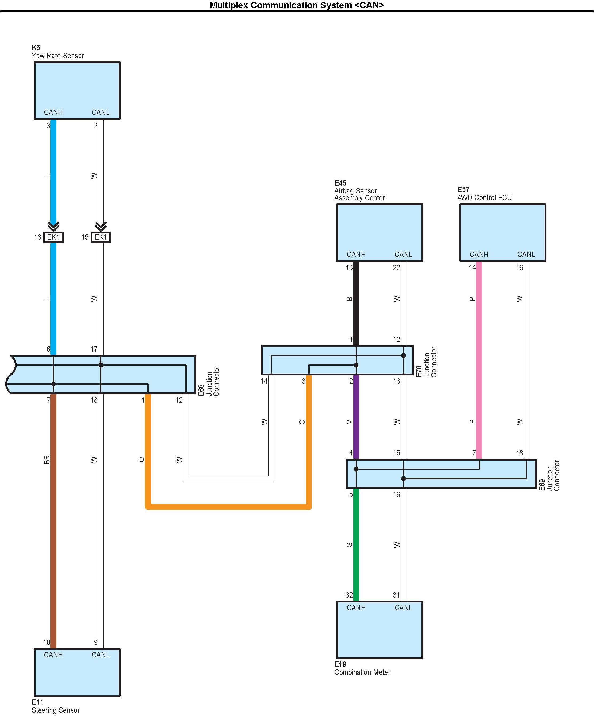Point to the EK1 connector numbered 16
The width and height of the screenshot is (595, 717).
tap(53, 237)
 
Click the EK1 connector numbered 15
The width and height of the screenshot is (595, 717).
tap(101, 237)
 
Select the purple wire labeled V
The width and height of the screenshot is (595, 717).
tap(356, 416)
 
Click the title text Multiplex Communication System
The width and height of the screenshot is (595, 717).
tap(297, 5)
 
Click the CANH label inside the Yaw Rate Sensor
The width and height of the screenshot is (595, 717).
tap(53, 112)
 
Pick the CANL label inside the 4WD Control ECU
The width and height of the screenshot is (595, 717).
tap(526, 254)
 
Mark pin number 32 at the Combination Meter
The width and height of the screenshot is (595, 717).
tap(349, 595)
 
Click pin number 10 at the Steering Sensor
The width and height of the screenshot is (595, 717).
tap(46, 642)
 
